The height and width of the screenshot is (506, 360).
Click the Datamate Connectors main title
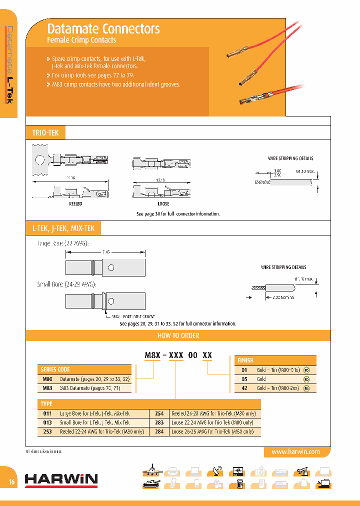pos(103,28)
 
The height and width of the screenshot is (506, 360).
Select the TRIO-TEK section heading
pos(45,133)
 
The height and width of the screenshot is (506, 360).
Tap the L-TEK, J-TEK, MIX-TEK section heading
pos(63,229)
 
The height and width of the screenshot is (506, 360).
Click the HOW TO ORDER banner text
pos(178,335)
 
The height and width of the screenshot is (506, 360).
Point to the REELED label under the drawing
pos(75,204)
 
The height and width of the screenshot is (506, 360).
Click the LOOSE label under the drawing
pos(163,204)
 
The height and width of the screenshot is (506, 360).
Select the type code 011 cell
pos(47,413)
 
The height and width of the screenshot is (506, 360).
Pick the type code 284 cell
pos(159,431)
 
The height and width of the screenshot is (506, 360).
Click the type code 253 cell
pos(47,431)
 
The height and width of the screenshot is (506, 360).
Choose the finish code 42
pos(244,388)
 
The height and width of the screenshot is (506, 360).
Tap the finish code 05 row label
pos(244,379)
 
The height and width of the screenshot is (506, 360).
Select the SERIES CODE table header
pos(55,370)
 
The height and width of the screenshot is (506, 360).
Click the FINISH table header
pos(246,360)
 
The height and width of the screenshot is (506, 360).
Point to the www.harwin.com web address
pos(295,451)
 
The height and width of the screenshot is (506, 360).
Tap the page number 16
pos(11,482)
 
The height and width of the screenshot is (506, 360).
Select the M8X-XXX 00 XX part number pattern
pos(178,355)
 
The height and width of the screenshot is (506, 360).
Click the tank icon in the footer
pos(150,483)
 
